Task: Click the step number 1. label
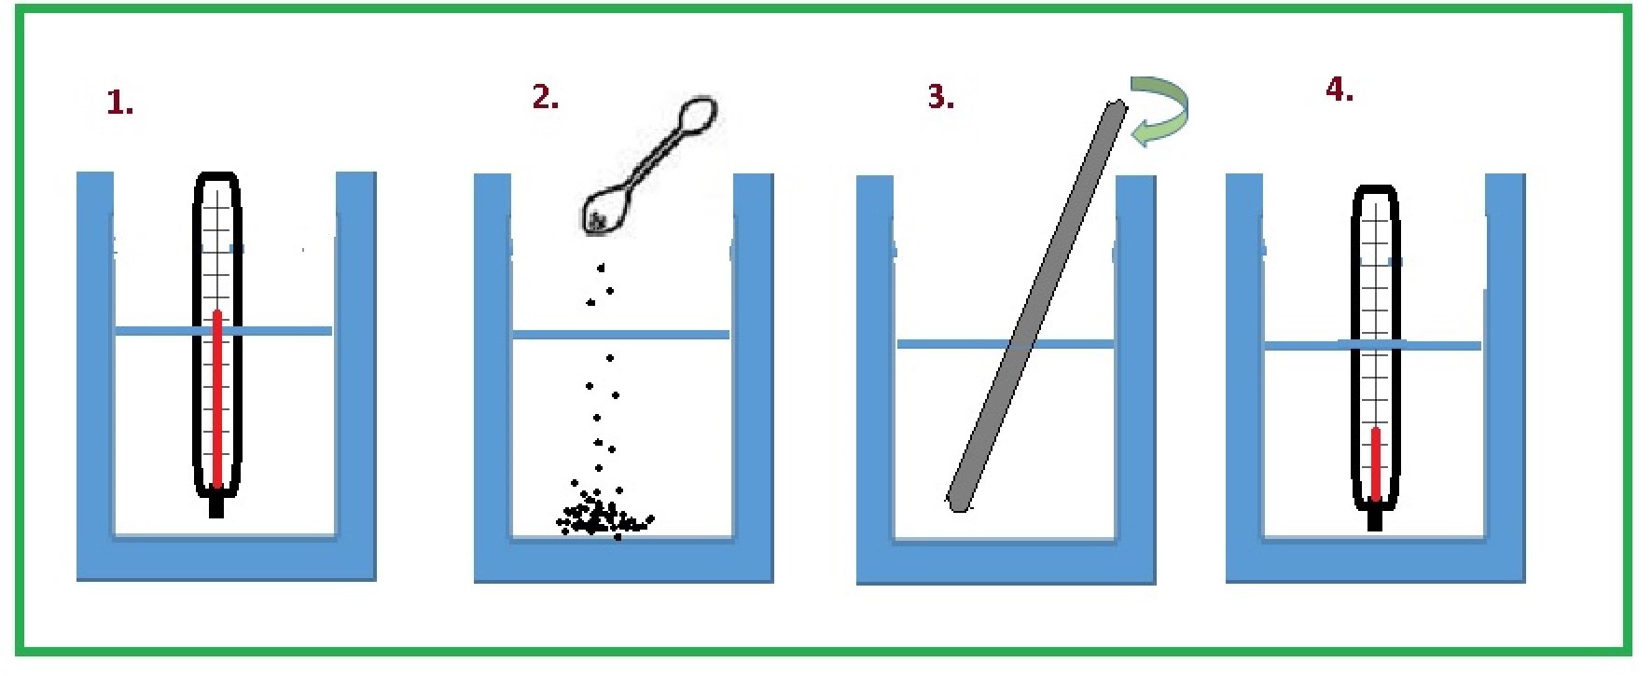click(120, 102)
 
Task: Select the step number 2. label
click(546, 96)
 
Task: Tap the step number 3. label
click(941, 96)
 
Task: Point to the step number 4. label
click(1340, 90)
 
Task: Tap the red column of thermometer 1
click(217, 398)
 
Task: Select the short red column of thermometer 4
click(1375, 464)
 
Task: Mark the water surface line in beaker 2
click(620, 335)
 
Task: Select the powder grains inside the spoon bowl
click(597, 221)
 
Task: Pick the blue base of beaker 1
click(226, 559)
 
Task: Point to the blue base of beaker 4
click(1375, 561)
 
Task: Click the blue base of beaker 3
click(1006, 562)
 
